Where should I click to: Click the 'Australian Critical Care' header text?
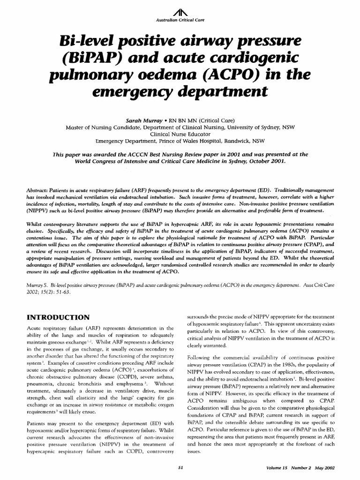click(x=180, y=22)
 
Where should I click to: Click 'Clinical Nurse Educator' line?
click(x=180, y=134)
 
